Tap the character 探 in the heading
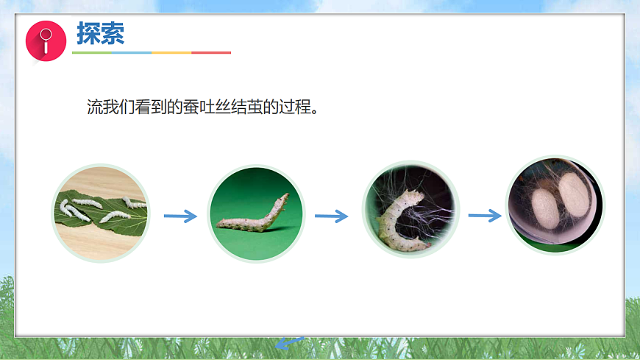click(x=89, y=33)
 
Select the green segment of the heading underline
click(x=91, y=53)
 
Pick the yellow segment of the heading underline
click(x=171, y=53)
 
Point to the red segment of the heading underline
click(x=211, y=53)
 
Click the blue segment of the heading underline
click(x=132, y=53)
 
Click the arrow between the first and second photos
click(x=180, y=216)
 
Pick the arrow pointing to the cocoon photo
click(x=484, y=215)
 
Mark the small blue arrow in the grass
click(x=290, y=342)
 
